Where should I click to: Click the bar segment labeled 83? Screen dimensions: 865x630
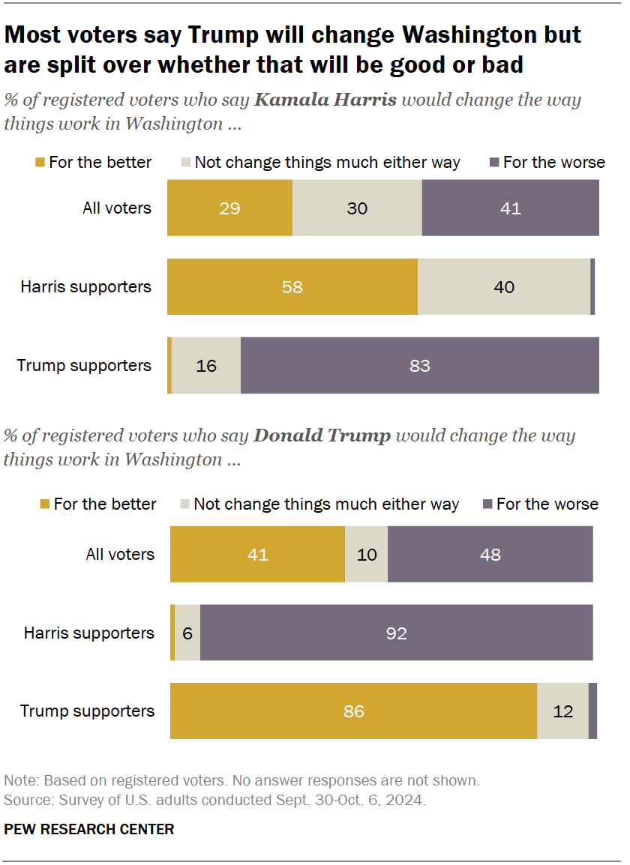(x=420, y=365)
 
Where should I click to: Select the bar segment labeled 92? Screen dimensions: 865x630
(x=396, y=633)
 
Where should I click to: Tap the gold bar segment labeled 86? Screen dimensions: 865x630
(x=353, y=711)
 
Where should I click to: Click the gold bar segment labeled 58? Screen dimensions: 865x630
(x=292, y=286)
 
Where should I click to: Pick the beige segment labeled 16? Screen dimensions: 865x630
(x=206, y=365)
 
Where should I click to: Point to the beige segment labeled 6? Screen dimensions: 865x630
(x=187, y=633)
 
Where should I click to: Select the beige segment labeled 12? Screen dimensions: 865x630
(x=562, y=711)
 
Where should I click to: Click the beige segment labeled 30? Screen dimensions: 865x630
(x=357, y=208)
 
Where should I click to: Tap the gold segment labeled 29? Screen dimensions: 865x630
(x=229, y=208)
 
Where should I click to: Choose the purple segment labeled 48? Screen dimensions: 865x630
(x=490, y=554)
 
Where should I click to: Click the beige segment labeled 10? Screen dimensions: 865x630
(x=366, y=554)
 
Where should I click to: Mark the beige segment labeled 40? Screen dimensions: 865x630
(x=503, y=286)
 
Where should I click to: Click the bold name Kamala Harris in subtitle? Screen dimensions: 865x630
(x=325, y=100)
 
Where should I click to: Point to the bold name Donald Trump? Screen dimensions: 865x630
(x=322, y=435)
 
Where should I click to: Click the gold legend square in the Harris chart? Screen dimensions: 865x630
(x=40, y=163)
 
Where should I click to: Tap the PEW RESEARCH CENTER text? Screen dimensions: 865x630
(x=88, y=829)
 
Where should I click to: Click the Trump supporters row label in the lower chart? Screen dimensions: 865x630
(x=87, y=711)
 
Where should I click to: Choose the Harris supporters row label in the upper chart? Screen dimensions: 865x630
(x=85, y=286)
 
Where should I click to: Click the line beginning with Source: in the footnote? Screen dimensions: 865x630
(x=214, y=800)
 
